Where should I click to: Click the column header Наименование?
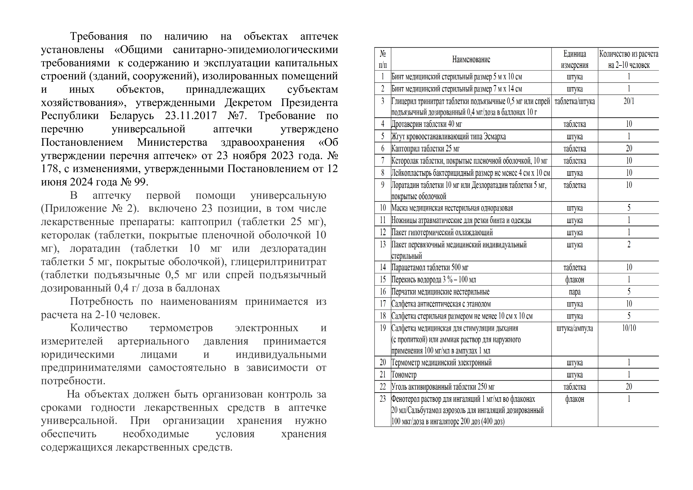pos(471,60)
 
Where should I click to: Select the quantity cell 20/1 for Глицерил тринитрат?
pos(629,101)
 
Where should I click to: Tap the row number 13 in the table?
pos(383,244)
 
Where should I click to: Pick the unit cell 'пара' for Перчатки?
pos(574,292)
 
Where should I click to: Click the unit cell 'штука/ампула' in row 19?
pos(574,328)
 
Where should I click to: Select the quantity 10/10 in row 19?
pos(629,328)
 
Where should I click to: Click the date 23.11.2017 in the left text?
pos(191,116)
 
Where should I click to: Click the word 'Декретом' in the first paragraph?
pos(248,103)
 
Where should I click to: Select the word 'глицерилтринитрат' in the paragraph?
pos(278,262)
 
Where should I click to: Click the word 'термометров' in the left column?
pos(181,328)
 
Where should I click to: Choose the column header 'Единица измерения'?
pos(574,60)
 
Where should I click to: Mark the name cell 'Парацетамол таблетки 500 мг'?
pos(430,267)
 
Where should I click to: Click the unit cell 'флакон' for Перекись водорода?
pos(574,280)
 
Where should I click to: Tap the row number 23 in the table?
pos(383,399)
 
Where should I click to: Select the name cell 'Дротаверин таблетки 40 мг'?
pos(426,124)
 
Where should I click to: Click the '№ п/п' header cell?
pos(383,60)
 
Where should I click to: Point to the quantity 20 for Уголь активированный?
pos(629,387)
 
